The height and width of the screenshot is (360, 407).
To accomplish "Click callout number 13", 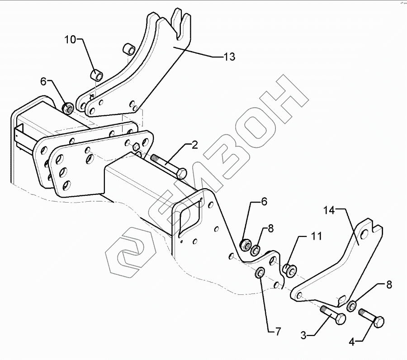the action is pos(229,57).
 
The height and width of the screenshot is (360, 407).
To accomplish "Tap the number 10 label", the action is pos(71,40).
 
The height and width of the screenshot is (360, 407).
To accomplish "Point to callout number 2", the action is pos(194,145).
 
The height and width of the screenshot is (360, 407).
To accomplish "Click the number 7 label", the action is pos(278,332).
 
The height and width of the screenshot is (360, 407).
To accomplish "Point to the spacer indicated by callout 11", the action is pos(289,270).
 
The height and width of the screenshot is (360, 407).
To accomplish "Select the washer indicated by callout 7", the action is pos(261,273).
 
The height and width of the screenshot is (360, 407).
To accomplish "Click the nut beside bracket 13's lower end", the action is pos(69,108).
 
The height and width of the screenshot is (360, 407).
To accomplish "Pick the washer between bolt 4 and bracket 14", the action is pos(352,306).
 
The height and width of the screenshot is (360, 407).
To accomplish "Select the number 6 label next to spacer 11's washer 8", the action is pos(264,202).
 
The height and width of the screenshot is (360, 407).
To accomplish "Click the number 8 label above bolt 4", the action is pos(388,285).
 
